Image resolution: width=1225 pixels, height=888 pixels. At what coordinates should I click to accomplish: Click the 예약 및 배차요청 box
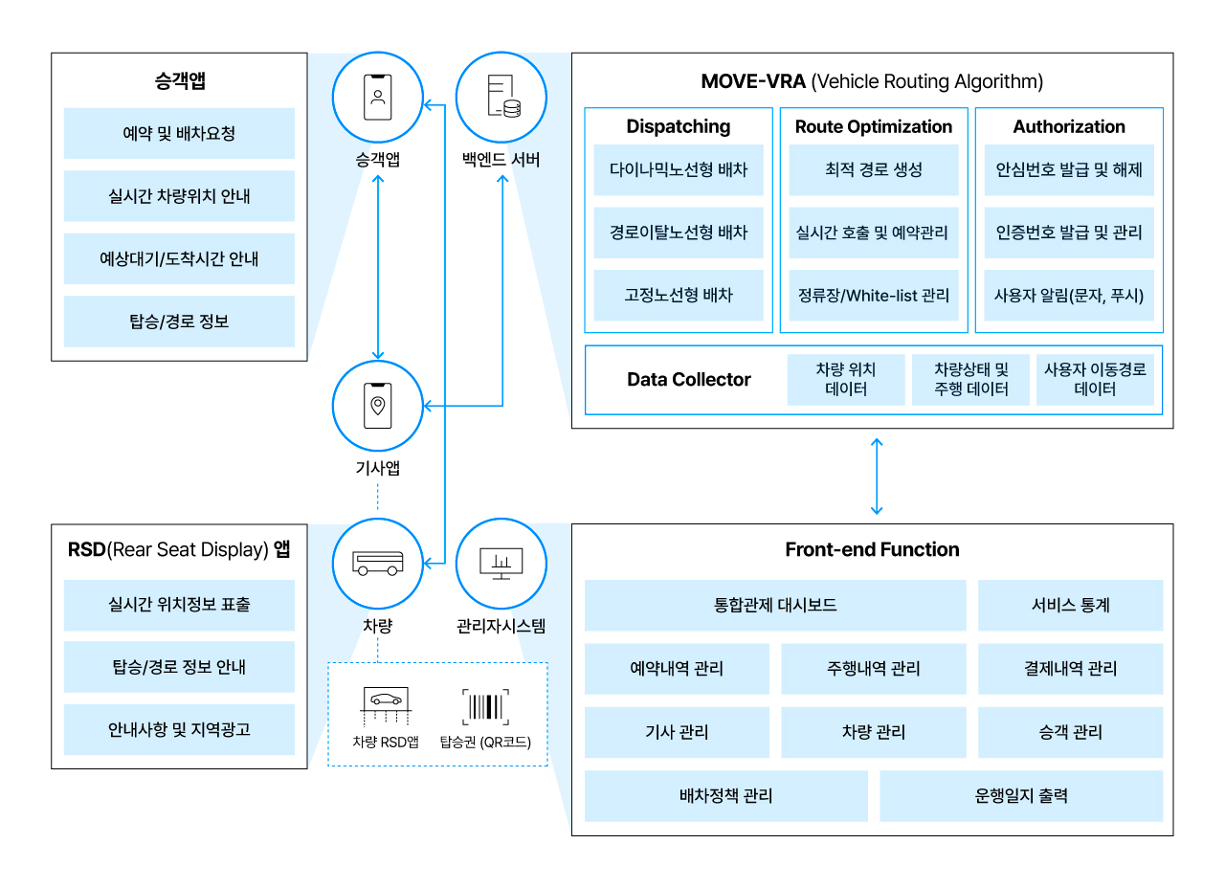click(179, 133)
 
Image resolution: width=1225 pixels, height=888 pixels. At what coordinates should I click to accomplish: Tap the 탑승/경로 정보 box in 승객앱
click(179, 322)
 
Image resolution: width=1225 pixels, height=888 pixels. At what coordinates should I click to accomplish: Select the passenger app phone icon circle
click(378, 97)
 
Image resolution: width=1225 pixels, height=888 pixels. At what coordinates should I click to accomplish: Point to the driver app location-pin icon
click(378, 406)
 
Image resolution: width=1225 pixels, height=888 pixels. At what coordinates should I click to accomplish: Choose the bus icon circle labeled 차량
click(378, 565)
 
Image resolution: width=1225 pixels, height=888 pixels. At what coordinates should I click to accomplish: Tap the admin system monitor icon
click(501, 565)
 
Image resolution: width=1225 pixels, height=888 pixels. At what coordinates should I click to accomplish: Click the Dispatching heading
click(678, 126)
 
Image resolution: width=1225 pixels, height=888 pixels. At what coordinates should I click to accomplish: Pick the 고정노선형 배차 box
click(678, 295)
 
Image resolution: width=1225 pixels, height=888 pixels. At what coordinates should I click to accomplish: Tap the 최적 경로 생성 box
click(873, 169)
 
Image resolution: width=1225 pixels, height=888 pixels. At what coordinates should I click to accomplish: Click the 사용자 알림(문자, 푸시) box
click(1068, 295)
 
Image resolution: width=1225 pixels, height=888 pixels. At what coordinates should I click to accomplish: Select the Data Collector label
click(688, 380)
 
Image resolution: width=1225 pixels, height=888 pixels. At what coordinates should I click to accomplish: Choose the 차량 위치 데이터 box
click(845, 380)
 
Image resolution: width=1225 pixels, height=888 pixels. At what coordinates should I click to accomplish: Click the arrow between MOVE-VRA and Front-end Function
click(876, 476)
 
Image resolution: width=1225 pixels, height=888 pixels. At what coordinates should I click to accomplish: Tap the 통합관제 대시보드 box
click(774, 606)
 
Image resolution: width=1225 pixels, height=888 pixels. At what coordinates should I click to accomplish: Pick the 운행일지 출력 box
click(1020, 796)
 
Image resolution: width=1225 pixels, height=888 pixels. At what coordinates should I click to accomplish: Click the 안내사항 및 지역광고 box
click(179, 730)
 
